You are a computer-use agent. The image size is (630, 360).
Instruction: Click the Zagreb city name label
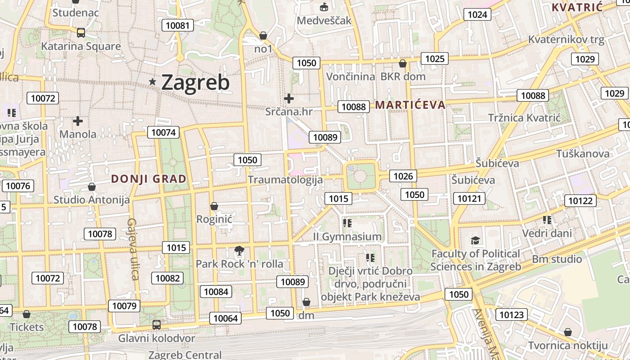[195, 82]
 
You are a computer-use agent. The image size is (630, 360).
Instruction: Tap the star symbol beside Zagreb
[153, 82]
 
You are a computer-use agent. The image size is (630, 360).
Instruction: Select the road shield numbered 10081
[178, 25]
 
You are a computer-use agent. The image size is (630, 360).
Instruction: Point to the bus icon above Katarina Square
[81, 32]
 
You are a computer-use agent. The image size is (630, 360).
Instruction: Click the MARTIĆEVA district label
[410, 105]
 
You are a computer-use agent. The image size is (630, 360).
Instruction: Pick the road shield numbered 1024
[477, 14]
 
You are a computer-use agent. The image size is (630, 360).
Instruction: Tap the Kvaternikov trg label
[566, 40]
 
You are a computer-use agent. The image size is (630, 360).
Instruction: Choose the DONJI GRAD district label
[148, 179]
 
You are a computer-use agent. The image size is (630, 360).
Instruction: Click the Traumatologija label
[285, 180]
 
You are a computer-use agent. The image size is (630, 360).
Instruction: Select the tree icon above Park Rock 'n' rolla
[239, 251]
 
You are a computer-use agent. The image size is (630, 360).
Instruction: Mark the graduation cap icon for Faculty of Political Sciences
[476, 241]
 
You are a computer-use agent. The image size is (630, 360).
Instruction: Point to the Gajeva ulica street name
[134, 249]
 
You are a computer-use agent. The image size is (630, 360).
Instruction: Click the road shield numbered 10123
[512, 315]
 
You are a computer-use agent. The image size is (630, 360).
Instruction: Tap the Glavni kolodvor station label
[157, 338]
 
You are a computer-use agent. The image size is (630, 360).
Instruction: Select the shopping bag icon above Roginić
[214, 206]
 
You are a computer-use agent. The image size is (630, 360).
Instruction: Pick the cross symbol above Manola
[78, 121]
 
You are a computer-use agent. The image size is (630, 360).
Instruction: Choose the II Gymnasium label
[347, 237]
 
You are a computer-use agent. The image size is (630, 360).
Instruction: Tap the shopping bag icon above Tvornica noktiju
[568, 332]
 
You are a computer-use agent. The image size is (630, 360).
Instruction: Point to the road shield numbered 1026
[403, 176]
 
